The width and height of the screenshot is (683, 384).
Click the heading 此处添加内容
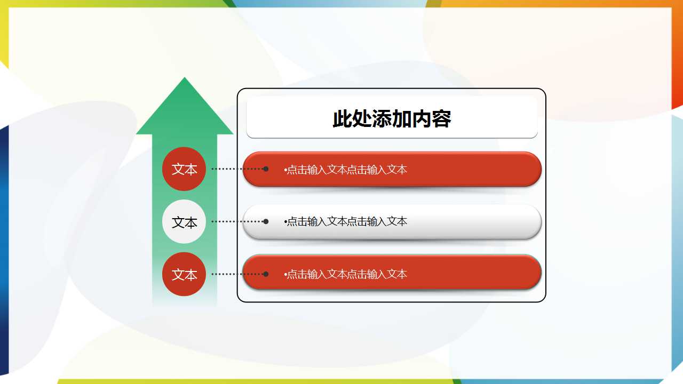[x=392, y=119]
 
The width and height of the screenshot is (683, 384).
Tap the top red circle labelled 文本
[x=184, y=169]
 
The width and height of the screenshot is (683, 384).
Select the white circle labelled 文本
[x=184, y=222]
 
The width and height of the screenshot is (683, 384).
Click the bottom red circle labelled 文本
[x=184, y=274]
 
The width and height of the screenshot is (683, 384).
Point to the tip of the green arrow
[x=185, y=79]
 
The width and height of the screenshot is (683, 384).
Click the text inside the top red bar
[x=347, y=170]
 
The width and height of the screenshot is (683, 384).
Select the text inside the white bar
[x=347, y=221]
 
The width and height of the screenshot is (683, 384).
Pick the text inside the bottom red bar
[x=347, y=274]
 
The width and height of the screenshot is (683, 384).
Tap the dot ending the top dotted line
[x=266, y=169]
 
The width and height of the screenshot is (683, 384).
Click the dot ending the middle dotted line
[x=266, y=221]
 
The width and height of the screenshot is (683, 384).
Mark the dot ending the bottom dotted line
[x=266, y=274]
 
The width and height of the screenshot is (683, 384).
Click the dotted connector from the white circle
[x=237, y=221]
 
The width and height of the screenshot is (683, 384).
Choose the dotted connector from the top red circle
[x=237, y=169]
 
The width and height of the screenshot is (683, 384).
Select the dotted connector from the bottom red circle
[x=237, y=274]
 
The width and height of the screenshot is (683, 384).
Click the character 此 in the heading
[x=341, y=119]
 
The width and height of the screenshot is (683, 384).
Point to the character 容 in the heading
[x=442, y=119]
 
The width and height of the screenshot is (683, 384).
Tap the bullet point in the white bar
[x=285, y=221]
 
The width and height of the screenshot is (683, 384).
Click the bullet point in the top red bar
[x=285, y=170]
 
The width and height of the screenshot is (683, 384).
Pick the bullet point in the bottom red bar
[x=285, y=274]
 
